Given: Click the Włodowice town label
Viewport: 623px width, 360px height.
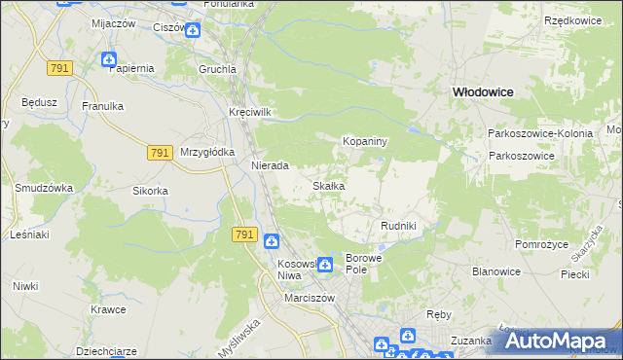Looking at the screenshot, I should point(483,90).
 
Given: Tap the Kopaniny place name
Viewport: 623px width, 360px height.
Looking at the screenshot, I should point(365,142).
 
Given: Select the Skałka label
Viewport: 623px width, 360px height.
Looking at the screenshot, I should point(328,186).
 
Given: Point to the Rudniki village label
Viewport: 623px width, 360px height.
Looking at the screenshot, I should point(398,226).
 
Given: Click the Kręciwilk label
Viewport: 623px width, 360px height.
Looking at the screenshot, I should point(249,112).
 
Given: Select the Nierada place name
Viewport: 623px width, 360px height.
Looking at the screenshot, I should point(270,166).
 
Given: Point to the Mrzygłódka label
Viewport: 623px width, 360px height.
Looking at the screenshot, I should point(207,153).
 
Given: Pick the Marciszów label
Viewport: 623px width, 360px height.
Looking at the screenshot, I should point(310,298).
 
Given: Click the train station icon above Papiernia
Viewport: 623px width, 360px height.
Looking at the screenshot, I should point(109,59).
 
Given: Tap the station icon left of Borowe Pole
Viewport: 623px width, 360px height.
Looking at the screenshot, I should point(324,264).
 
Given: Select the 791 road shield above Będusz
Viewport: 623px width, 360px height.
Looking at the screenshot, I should point(59,67).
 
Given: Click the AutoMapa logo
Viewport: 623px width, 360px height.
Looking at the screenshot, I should point(558,341).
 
